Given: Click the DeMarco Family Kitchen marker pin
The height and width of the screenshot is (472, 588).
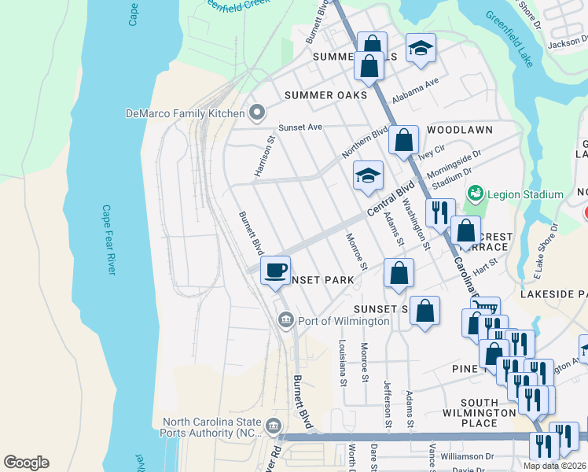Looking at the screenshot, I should [257, 113].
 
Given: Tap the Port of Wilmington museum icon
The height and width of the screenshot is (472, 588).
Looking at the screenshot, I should [285, 319].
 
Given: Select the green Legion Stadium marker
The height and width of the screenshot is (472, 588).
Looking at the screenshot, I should [475, 194].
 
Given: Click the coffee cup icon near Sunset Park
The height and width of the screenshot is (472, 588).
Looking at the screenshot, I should [275, 271].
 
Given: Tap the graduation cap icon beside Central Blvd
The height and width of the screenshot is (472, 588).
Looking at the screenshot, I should [368, 176].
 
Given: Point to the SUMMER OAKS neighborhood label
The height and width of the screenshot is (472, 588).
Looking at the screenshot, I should [325, 95].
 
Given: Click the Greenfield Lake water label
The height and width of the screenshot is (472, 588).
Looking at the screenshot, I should [509, 39].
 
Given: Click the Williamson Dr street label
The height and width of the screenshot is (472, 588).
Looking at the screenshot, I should [466, 455].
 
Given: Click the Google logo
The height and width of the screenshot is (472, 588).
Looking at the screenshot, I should [26, 463].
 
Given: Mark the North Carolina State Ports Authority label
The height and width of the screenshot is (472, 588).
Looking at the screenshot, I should [212, 427].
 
